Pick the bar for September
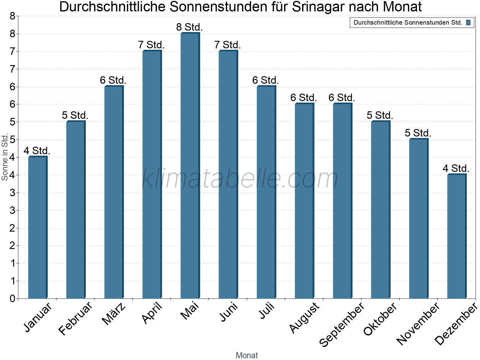pos(342,201)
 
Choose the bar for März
pos(114,192)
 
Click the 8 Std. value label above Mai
pos(189,27)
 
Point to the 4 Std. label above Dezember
pos(456,169)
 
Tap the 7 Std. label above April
pos(151,45)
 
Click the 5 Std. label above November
pos(418,133)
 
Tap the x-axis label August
pos(304,317)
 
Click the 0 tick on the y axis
pos(12,298)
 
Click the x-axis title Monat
pos(247,355)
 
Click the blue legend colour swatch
pos(468,22)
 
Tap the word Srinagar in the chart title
pos(317,7)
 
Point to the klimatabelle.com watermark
pos(240,178)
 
